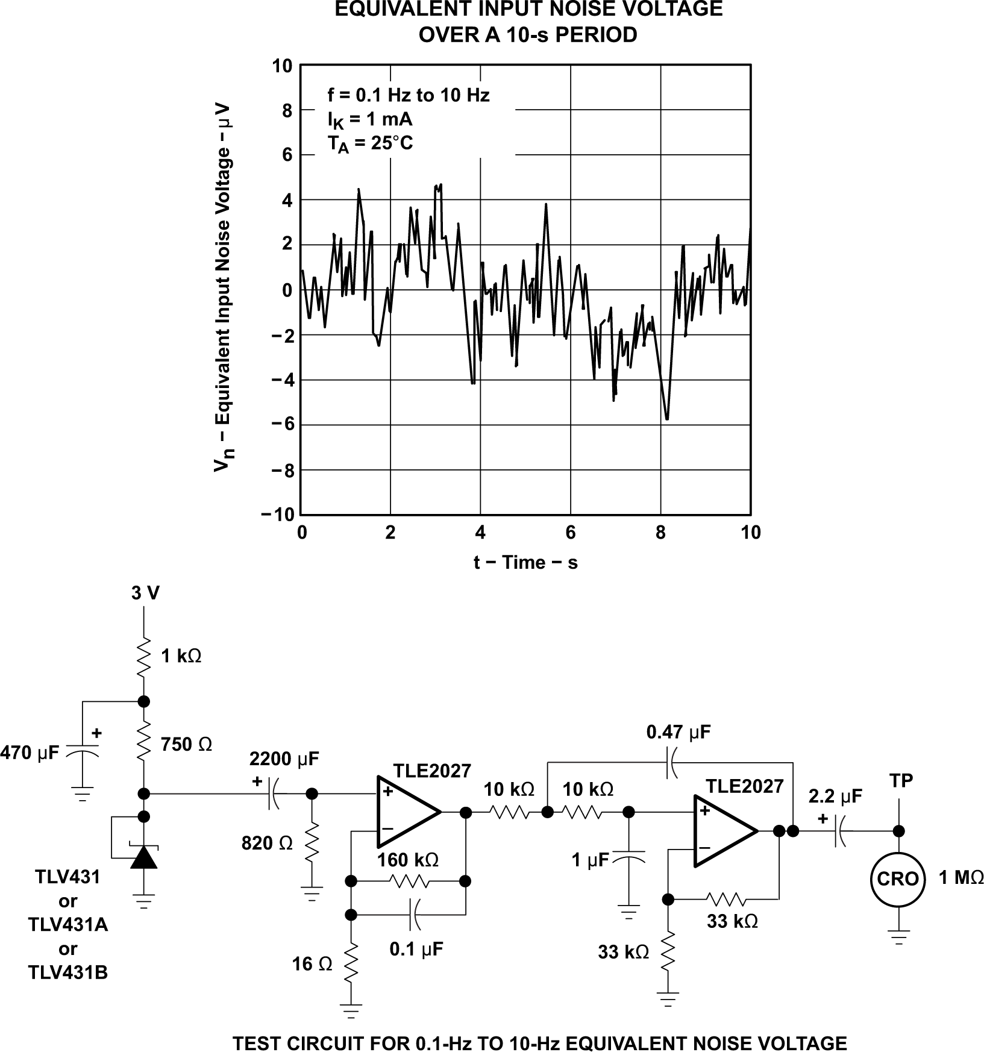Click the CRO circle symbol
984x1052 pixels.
pos(898,879)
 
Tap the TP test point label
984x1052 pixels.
pos(901,781)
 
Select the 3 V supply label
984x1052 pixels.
pos(145,593)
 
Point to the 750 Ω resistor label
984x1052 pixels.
pos(187,745)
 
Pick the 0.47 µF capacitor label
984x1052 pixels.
pos(678,733)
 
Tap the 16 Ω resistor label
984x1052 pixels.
pos(312,965)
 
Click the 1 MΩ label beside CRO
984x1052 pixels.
pos(960,877)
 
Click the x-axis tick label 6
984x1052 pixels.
pos(570,533)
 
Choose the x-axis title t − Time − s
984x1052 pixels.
pos(525,563)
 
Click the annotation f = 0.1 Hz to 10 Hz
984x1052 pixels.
pos(409,95)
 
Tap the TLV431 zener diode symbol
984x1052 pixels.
pos(143,856)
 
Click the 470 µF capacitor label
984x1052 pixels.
pos(30,752)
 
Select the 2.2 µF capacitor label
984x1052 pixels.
pos(835,797)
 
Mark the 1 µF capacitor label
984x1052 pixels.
pos(591,860)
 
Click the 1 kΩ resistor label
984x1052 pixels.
pos(181,657)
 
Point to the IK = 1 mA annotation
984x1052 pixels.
pos(370,119)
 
